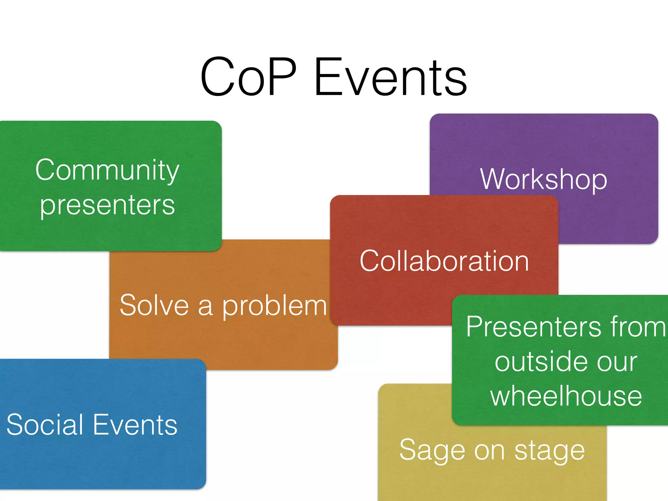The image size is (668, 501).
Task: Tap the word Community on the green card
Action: (x=107, y=170)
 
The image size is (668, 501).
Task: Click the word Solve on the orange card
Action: (x=154, y=305)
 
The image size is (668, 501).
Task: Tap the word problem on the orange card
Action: (x=274, y=307)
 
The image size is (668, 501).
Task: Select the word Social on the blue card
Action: (x=45, y=425)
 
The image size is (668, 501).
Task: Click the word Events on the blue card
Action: (x=135, y=425)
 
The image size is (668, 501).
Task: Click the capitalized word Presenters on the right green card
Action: (x=534, y=327)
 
